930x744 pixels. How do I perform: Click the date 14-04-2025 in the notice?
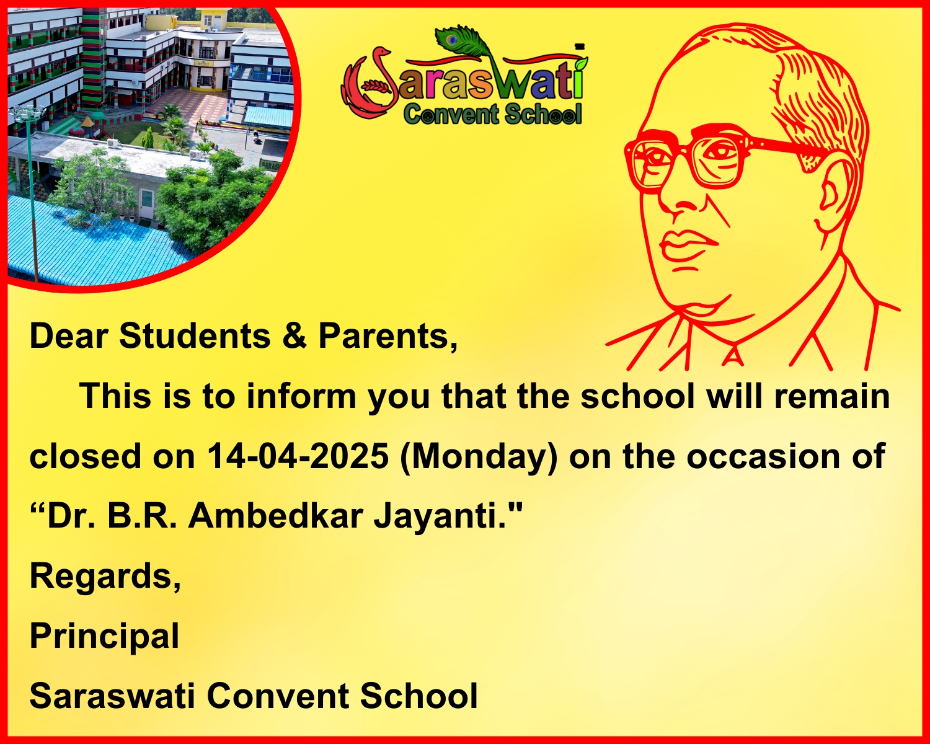pyautogui.click(x=298, y=456)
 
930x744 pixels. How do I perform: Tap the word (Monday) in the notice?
pyautogui.click(x=479, y=458)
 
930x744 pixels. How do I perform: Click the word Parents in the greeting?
pyautogui.click(x=387, y=336)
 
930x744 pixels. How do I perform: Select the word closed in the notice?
pyautogui.click(x=85, y=456)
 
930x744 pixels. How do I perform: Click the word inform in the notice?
pyautogui.click(x=301, y=396)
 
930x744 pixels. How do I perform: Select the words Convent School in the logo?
pyautogui.click(x=492, y=115)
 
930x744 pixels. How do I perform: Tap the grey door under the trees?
pyautogui.click(x=146, y=205)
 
